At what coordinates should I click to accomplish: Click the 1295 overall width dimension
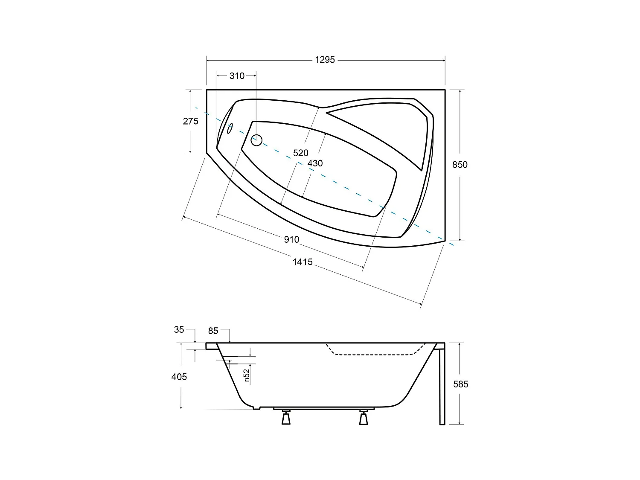point(325,60)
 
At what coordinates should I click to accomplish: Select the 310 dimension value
point(237,76)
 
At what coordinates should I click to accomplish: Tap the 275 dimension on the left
point(190,121)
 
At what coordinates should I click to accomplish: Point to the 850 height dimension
point(460,165)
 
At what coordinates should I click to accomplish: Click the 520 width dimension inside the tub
point(300,153)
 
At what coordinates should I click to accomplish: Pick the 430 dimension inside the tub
point(315,163)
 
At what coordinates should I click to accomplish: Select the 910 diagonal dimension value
point(291,240)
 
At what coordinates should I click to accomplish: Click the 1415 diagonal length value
point(303,262)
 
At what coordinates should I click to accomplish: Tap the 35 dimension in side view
point(179,329)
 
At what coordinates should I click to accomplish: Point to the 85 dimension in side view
point(213,331)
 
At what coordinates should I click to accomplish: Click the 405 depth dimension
point(179,377)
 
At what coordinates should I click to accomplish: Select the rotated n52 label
point(247,375)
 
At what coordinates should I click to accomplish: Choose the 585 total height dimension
point(460,384)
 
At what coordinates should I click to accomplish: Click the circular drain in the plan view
point(256,140)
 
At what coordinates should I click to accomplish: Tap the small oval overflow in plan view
point(230,128)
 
